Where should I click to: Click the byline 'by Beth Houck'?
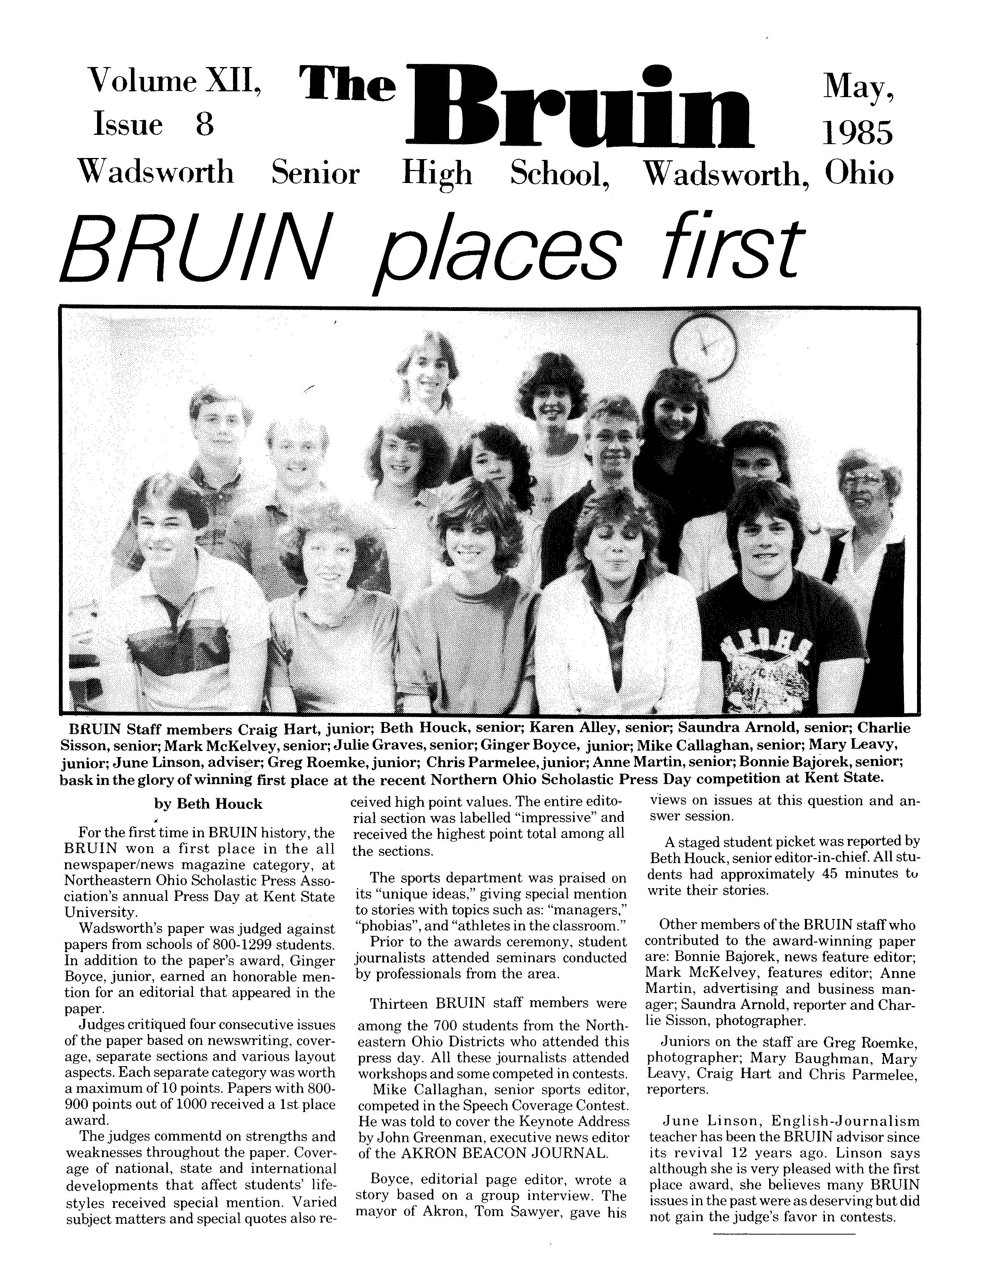[208, 804]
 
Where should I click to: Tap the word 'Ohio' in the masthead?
[859, 173]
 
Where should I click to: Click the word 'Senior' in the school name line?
[315, 173]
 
